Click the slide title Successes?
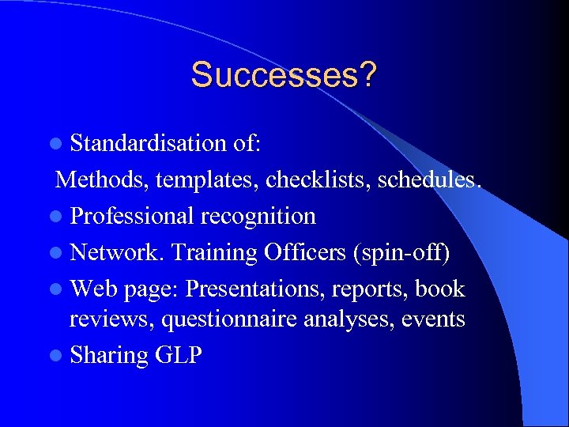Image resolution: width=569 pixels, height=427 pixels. click(284, 75)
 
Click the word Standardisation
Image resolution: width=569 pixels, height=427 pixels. click(148, 143)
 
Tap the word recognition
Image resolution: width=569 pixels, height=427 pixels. click(258, 216)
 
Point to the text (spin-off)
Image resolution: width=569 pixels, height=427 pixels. click(402, 253)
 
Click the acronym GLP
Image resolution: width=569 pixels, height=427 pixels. click(179, 355)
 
